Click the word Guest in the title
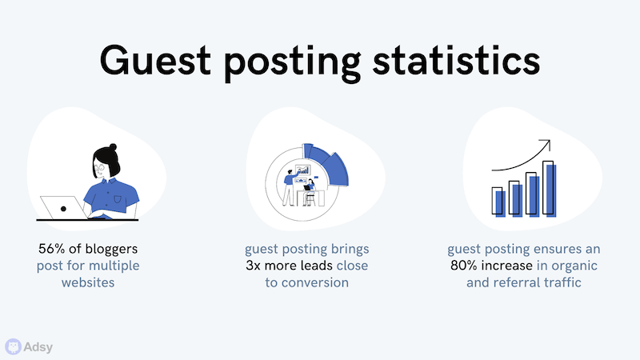pos(155,61)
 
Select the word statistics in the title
pos(456,61)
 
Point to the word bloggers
pos(111,249)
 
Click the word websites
pos(88,282)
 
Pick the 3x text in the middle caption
pos(253,266)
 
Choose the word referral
pos(517,282)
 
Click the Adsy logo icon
pos(13,346)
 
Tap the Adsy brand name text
pos(38,347)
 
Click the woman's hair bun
pos(113,147)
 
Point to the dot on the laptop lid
pos(63,209)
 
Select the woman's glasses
pos(98,167)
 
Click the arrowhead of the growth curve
pos(546,144)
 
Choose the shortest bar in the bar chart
pos(498,202)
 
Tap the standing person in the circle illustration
pos(289,188)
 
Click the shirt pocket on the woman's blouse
pos(118,199)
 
